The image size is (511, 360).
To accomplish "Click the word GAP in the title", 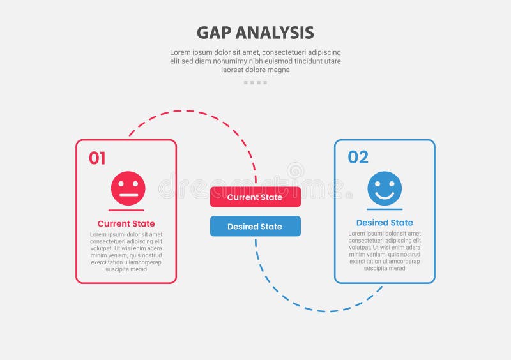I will pyautogui.click(x=214, y=33).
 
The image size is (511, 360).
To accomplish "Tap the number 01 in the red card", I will pyautogui.click(x=97, y=158).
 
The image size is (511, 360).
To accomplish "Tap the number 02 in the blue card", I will pyautogui.click(x=358, y=157).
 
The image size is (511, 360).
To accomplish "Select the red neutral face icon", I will pyautogui.click(x=128, y=188).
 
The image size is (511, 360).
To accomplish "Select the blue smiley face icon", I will pyautogui.click(x=385, y=188).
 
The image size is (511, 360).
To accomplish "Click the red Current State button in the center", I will pyautogui.click(x=255, y=197).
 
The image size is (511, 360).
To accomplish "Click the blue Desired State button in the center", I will pyautogui.click(x=255, y=227).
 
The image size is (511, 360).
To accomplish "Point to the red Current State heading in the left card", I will pyautogui.click(x=126, y=224).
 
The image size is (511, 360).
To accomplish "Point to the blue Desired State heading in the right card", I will pyautogui.click(x=385, y=223).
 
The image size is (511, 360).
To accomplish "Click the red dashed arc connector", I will pyautogui.click(x=192, y=111).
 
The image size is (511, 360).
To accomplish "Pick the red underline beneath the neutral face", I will pyautogui.click(x=126, y=210).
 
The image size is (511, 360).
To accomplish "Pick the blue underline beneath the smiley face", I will pyautogui.click(x=385, y=209).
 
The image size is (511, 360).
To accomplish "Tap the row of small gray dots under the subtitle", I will pyautogui.click(x=256, y=82).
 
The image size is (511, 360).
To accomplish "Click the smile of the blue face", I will pyautogui.click(x=385, y=194).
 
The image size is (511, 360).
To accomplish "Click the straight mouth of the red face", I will pyautogui.click(x=128, y=195).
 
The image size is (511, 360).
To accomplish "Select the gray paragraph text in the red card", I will pyautogui.click(x=126, y=251).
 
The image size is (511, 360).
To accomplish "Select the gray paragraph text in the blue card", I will pyautogui.click(x=385, y=251).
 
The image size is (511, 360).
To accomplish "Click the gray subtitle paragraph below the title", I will pyautogui.click(x=256, y=61).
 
